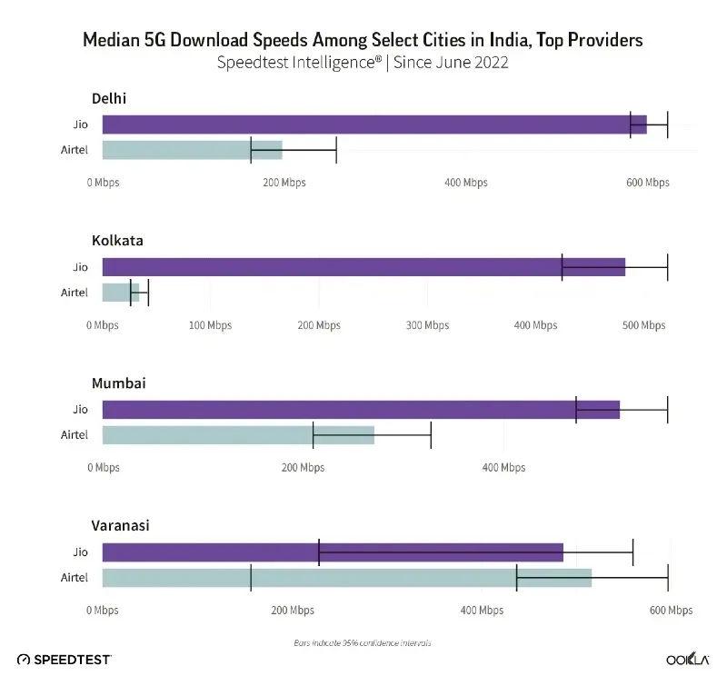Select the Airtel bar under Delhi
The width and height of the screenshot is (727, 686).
[192, 150]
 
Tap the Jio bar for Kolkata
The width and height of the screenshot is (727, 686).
[363, 267]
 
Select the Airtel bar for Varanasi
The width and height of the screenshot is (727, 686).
[346, 578]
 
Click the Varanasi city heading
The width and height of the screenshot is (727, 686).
[120, 525]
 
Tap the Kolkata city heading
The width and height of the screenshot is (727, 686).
[117, 241]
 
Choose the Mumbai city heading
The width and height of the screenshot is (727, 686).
[118, 383]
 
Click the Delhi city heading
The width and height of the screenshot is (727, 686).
[108, 98]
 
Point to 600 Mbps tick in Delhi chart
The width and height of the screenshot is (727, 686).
[647, 183]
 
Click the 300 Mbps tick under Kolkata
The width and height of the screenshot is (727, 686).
[426, 325]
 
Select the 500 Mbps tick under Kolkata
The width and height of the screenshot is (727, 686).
[642, 325]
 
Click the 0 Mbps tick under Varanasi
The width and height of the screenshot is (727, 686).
[103, 611]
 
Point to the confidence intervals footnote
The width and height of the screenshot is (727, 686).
[362, 642]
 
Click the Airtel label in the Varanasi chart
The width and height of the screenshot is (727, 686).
[75, 578]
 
